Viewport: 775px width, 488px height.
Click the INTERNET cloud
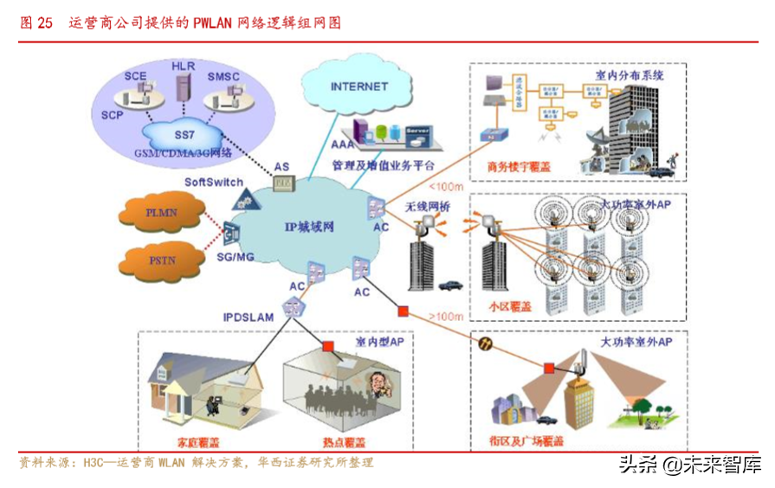(359, 87)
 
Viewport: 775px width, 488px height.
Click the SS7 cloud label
(184, 135)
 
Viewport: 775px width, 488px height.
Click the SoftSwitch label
(214, 183)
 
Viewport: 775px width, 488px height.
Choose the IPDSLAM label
(247, 318)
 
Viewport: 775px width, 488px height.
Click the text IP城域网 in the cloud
(309, 227)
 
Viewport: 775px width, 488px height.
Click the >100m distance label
(446, 317)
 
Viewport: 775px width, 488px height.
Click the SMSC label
(223, 77)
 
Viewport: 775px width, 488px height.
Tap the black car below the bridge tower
(450, 285)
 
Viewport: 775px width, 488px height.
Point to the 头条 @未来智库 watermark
(689, 464)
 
